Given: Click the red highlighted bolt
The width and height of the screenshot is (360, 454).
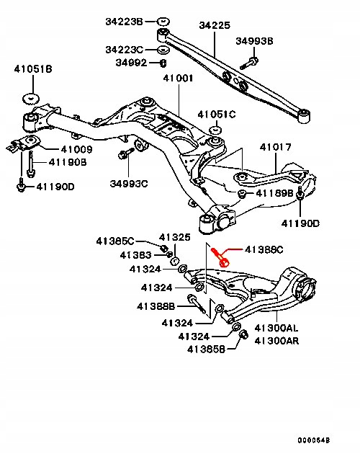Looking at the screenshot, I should [x=221, y=256].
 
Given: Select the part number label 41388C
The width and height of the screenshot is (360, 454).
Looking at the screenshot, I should [x=265, y=250].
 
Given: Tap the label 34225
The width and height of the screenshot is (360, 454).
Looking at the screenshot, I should [x=214, y=25].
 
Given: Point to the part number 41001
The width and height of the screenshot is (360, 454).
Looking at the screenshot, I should [x=178, y=78].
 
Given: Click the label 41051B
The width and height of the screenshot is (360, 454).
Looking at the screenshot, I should [x=32, y=69].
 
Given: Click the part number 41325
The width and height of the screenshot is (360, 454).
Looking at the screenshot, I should [x=174, y=237].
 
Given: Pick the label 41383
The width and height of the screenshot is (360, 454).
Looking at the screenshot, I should [x=137, y=255].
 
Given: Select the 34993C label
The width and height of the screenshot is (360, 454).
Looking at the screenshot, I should [x=129, y=184].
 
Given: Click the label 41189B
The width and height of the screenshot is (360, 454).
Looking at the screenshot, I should [x=275, y=193].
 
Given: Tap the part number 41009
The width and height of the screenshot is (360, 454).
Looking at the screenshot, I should [x=76, y=150].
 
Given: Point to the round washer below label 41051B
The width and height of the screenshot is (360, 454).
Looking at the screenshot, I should [x=32, y=97].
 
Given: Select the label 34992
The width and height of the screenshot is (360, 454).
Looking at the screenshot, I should [x=132, y=63].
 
